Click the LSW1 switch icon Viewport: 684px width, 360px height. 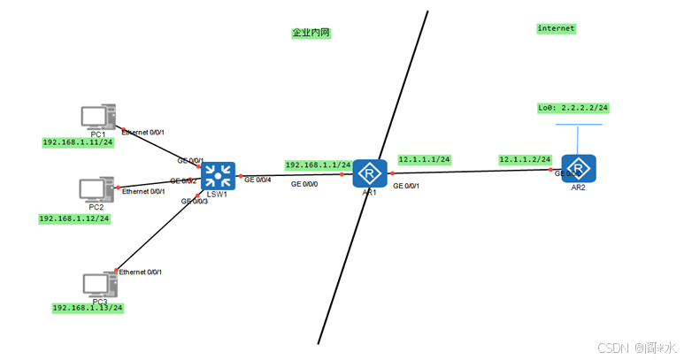218,175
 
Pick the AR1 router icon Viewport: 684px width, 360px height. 370,173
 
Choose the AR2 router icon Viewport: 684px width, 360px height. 578,168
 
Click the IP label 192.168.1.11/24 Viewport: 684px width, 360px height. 78,142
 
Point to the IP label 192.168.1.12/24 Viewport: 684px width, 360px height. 74,218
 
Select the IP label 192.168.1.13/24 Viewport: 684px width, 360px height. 87,308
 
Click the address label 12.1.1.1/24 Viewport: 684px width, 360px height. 424,160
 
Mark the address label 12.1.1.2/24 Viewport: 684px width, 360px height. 525,159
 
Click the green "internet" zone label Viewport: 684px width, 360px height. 556,28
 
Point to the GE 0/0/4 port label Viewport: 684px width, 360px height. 259,180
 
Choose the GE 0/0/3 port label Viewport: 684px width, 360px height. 196,202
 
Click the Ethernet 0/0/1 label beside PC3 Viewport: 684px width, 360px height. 141,272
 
